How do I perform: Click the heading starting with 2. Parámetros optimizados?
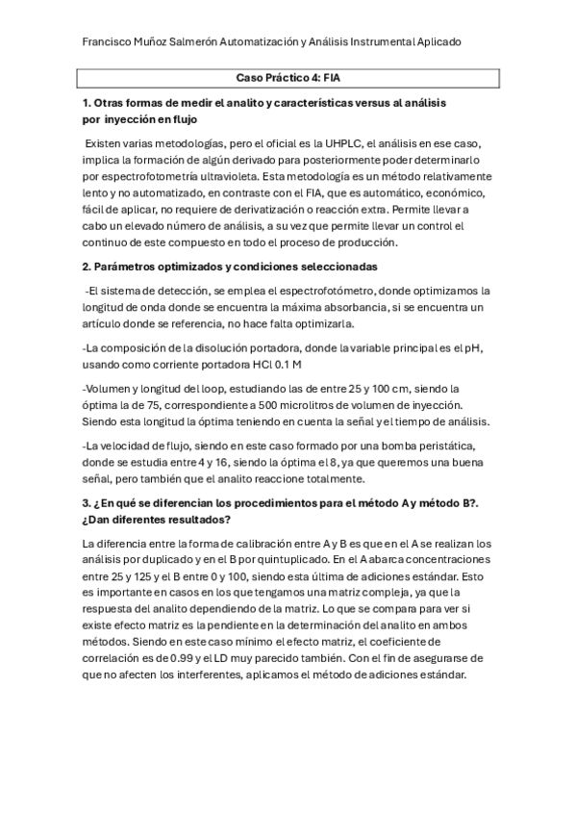point(231,265)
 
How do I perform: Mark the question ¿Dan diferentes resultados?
point(157,520)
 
